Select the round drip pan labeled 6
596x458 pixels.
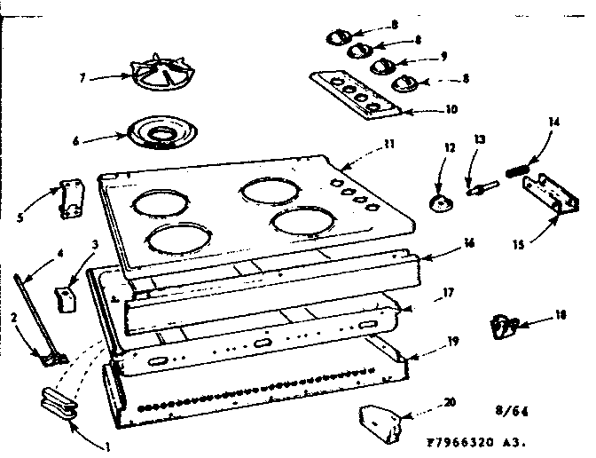(161, 134)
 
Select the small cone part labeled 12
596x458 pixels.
(439, 203)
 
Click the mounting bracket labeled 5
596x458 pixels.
(66, 198)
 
